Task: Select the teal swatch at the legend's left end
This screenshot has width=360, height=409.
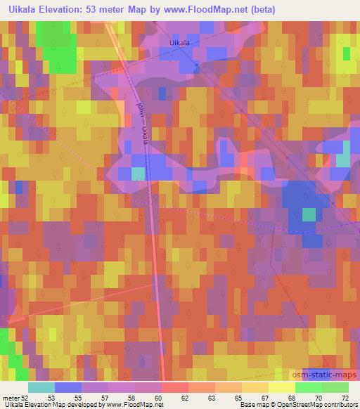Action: pos(41,387)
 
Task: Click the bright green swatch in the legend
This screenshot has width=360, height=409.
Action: pos(308,387)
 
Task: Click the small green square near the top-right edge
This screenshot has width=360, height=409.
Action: pos(346,53)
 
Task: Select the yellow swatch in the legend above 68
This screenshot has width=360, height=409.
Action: pos(281,387)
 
